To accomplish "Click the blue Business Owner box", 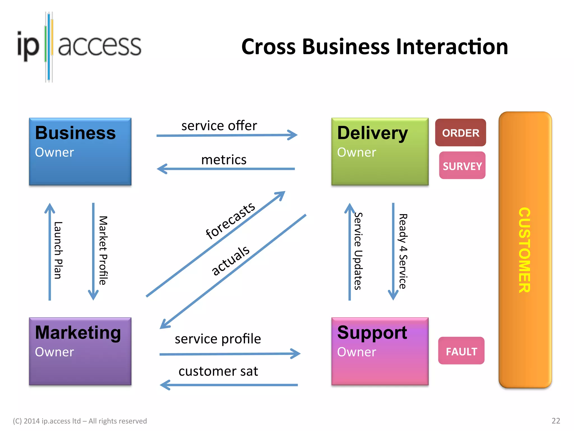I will point(80,152).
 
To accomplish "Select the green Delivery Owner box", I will point(380,152).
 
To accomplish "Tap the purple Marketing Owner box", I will point(80,351).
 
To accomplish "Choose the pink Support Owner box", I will point(380,351).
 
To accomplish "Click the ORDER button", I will point(460,133).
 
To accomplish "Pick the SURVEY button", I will point(462,166).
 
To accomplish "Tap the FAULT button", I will point(461,351).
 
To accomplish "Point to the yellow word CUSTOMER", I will point(524,250).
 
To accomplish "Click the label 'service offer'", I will point(219,125).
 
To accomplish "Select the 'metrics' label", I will point(224,160).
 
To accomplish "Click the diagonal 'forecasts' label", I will point(230,221).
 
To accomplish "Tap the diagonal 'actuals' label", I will point(230,260).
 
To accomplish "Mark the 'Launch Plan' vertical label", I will point(58,250).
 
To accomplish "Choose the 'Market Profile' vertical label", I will point(103,250).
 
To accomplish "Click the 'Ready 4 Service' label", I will point(403,251).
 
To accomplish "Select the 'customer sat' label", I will point(218,371).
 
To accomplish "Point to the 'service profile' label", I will point(218,339).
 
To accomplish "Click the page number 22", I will point(556,421).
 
